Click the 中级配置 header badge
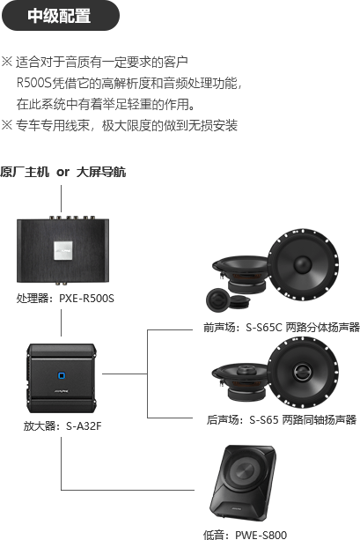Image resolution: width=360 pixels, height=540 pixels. point(61,16)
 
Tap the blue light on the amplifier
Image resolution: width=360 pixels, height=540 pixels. point(62,376)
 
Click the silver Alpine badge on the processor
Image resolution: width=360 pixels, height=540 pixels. point(63,250)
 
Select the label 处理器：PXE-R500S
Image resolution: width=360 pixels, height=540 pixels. point(65,298)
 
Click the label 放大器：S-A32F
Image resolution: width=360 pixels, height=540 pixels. point(62,426)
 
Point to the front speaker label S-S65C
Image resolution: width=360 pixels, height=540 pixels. point(264,327)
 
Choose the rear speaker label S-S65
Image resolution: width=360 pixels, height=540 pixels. point(264,420)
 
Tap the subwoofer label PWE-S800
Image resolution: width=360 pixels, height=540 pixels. point(261,535)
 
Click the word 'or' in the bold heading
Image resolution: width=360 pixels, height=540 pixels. point(63,172)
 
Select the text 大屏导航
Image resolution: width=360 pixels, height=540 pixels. point(101,172)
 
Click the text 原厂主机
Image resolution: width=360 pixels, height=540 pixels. point(25,172)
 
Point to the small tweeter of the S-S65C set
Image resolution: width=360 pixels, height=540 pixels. point(217,299)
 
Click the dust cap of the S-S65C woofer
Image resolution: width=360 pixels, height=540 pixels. point(303,265)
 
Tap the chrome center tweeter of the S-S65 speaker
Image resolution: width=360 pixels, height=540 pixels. point(303,372)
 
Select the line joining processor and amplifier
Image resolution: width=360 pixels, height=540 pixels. point(62,322)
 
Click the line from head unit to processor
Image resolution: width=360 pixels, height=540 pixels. point(62,199)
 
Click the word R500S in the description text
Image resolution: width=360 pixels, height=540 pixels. point(34,83)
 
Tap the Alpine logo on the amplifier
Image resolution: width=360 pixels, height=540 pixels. point(62,392)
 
